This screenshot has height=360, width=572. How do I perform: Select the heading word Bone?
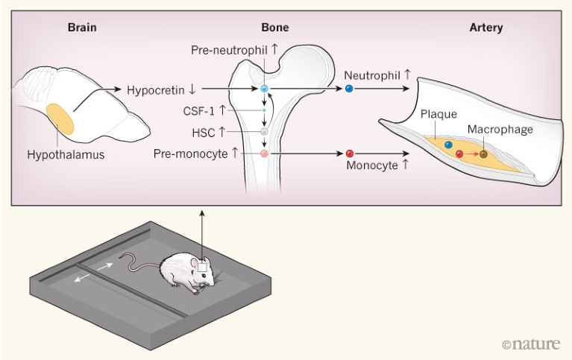click(x=274, y=28)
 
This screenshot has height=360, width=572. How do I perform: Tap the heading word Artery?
click(x=486, y=28)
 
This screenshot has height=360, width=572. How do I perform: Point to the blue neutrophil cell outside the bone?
click(x=349, y=89)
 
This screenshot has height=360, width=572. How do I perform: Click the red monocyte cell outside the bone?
click(x=349, y=154)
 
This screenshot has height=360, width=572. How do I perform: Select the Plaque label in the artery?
click(x=436, y=114)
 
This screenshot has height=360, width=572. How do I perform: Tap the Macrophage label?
click(x=500, y=130)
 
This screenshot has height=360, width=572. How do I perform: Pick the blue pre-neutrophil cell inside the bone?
click(x=264, y=89)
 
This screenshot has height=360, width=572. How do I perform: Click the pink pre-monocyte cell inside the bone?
click(x=264, y=154)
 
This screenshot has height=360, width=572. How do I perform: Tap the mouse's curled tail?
click(x=134, y=262)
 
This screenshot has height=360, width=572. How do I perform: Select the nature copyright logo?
click(x=532, y=344)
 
